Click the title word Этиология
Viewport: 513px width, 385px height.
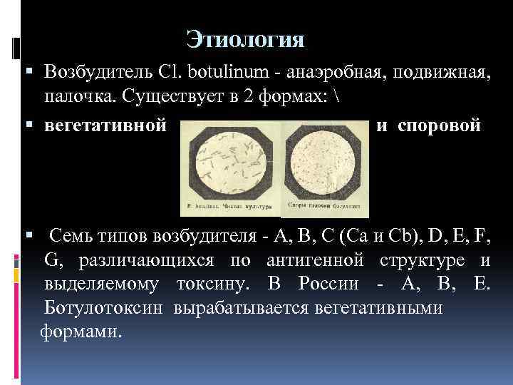coord(245,38)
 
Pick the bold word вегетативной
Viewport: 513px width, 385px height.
coord(105,125)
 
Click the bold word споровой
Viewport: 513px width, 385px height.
coord(439,125)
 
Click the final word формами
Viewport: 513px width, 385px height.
coord(81,332)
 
